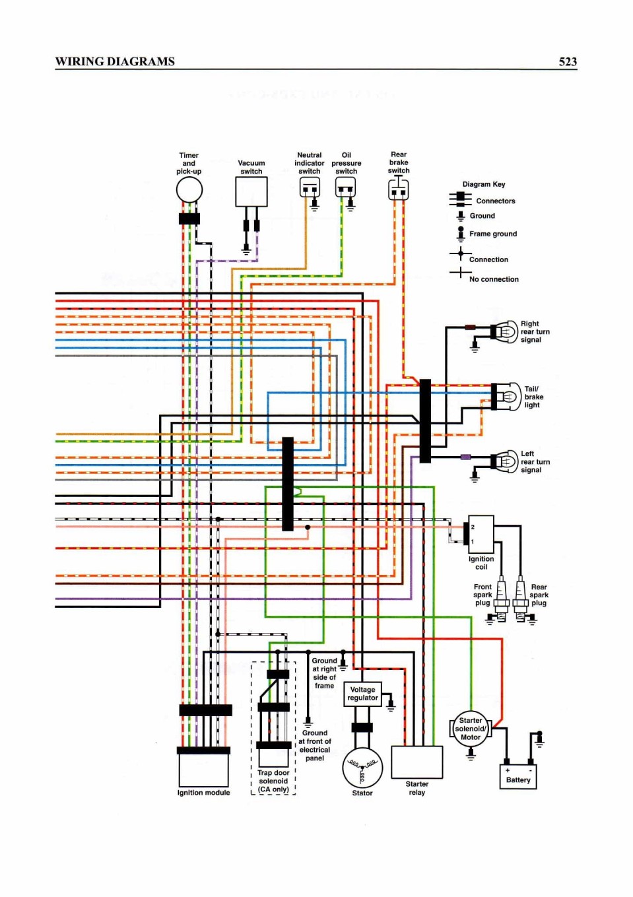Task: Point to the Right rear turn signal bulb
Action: click(x=505, y=332)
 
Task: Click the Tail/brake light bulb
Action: click(x=507, y=397)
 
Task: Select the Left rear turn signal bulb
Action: click(x=505, y=461)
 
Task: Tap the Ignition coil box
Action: click(x=481, y=534)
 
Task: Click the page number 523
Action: click(x=568, y=61)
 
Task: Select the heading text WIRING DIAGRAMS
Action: click(x=115, y=61)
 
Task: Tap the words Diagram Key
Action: click(x=484, y=184)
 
